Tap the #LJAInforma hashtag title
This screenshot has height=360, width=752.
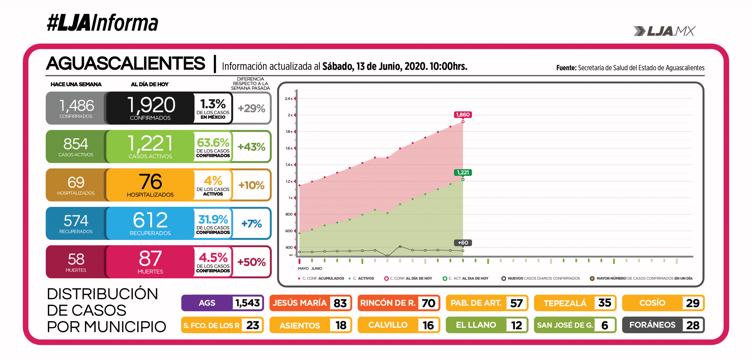[103, 23]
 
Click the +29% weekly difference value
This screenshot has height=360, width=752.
[251, 108]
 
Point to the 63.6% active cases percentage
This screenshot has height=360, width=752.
[213, 143]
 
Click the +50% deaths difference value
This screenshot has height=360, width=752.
[251, 262]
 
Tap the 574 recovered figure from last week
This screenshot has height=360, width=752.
[76, 221]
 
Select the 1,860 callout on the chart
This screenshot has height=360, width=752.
[463, 115]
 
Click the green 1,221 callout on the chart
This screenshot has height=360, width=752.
[463, 172]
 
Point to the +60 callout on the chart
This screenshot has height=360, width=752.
[463, 243]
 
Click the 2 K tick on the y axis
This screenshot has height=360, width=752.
[290, 115]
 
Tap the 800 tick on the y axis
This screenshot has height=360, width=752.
[289, 214]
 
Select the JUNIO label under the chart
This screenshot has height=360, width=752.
[317, 268]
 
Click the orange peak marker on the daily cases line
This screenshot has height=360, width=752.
[400, 247]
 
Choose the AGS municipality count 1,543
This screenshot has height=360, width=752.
[247, 303]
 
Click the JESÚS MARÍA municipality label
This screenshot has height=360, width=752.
[299, 303]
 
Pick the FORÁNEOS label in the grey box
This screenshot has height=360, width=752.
[652, 325]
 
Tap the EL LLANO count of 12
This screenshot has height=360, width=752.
[516, 325]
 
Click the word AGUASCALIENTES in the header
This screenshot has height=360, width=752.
[126, 63]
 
